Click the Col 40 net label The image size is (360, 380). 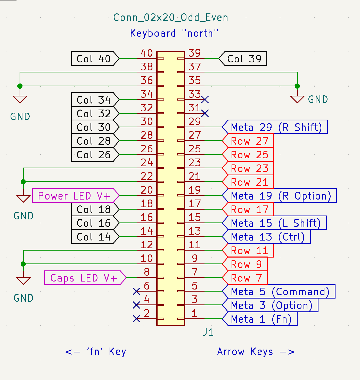pyautogui.click(x=94, y=59)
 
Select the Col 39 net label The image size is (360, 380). pyautogui.click(x=243, y=59)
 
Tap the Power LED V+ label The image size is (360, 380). pyautogui.click(x=75, y=196)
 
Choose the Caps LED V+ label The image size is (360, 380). pyautogui.click(x=84, y=278)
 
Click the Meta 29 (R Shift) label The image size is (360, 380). pyautogui.click(x=276, y=127)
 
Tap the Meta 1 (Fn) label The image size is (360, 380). pyautogui.click(x=261, y=319)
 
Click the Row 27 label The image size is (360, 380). pyautogui.click(x=249, y=141)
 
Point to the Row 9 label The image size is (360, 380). pyautogui.click(x=246, y=264)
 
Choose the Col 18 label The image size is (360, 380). pyautogui.click(x=94, y=209)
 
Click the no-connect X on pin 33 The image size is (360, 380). pyautogui.click(x=205, y=100)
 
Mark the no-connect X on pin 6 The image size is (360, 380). pyautogui.click(x=136, y=291)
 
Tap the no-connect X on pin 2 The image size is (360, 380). pyautogui.click(x=136, y=319)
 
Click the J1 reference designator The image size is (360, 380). pyautogui.click(x=208, y=332)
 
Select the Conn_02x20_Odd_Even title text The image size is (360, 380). pyautogui.click(x=171, y=18)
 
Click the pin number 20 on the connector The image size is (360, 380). pyautogui.click(x=147, y=190)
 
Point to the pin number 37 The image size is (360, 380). pyautogui.click(x=194, y=67)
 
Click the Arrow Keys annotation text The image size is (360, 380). pyautogui.click(x=256, y=352)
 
